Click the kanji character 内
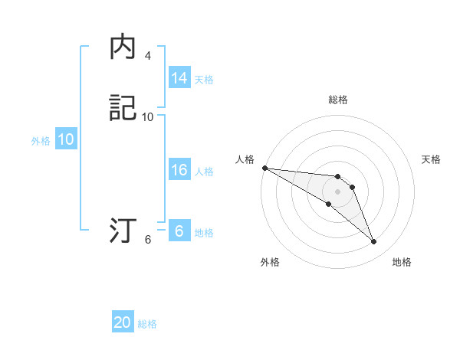point(123,47)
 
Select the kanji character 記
point(123,108)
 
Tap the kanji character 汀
point(123,231)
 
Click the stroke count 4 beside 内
point(147,56)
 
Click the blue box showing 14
point(179,78)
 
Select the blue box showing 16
point(179,170)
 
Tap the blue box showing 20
point(123,322)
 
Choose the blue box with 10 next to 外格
point(65,139)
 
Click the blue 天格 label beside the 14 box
point(204,79)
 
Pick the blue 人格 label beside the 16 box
point(204,171)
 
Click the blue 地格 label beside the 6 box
point(204,233)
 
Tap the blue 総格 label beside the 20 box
point(147,324)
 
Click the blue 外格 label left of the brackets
point(41,141)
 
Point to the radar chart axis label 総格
point(338,100)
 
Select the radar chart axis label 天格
point(432,159)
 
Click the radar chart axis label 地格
point(402,262)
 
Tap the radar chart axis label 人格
point(245,159)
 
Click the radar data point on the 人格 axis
point(264,168)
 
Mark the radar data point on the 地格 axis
point(373,242)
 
